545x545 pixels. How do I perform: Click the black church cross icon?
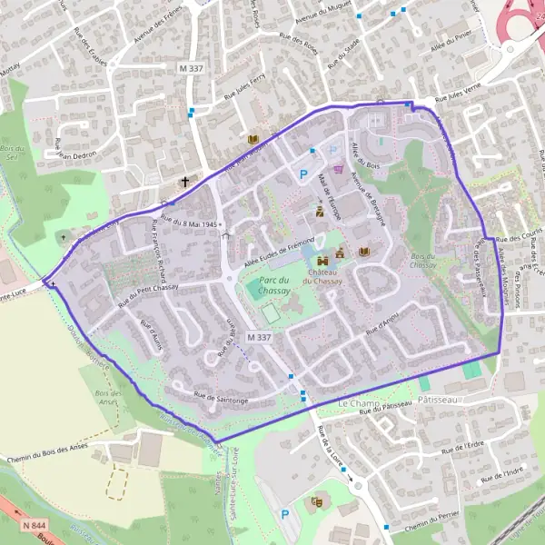click(185, 182)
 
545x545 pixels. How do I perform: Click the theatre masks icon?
click(317, 500)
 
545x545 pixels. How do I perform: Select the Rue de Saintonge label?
click(221, 397)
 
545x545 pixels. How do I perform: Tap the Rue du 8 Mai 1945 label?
click(191, 219)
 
